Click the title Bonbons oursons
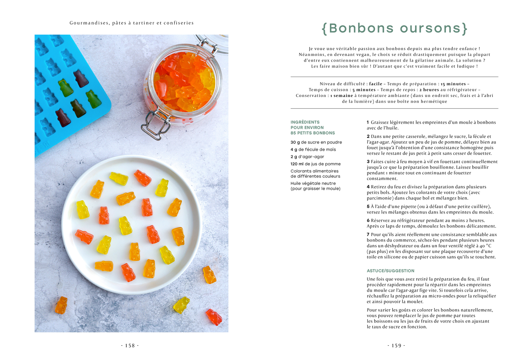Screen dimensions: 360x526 click(394, 29)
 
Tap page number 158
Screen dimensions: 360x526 click(130, 346)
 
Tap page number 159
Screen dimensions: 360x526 click(396, 346)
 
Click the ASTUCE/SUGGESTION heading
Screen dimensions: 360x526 click(390, 271)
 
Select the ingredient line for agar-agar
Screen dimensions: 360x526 click(307, 157)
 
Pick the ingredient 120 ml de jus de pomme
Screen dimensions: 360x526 click(316, 164)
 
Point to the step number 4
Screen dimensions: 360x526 click(368, 187)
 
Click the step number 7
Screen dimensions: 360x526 click(368, 234)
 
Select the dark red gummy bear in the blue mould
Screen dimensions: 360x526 click(63, 117)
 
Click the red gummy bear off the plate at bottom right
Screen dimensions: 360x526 click(214, 317)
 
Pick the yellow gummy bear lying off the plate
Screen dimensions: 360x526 click(181, 304)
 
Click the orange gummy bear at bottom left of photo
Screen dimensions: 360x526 click(61, 305)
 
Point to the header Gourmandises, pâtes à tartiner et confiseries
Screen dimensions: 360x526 click(131, 23)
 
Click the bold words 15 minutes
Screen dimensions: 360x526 click(453, 84)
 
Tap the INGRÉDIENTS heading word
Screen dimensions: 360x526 click(305, 122)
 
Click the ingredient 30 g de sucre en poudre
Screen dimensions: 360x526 click(316, 142)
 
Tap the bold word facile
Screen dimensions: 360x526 click(375, 84)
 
